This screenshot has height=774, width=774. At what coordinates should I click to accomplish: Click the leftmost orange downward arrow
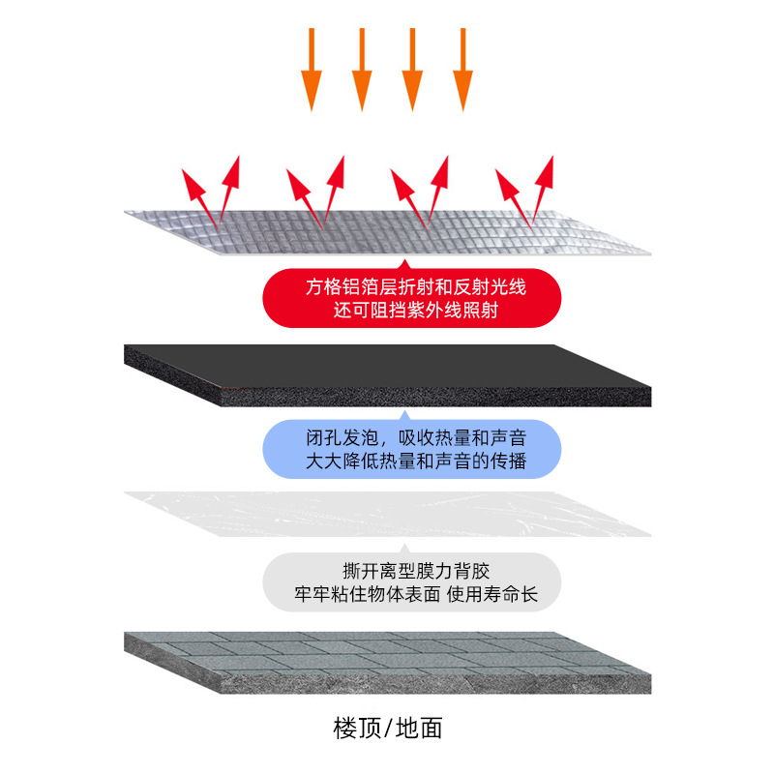(x=311, y=68)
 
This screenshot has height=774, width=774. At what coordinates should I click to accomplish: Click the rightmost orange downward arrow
(x=462, y=68)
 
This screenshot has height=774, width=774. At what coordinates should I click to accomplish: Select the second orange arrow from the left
(x=361, y=68)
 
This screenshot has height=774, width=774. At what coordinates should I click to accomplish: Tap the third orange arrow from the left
(x=412, y=68)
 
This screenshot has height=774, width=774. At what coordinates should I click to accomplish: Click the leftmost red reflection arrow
(x=197, y=193)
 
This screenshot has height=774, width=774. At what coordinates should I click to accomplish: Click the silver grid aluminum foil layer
(x=387, y=229)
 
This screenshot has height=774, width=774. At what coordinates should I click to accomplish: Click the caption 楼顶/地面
(x=387, y=727)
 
